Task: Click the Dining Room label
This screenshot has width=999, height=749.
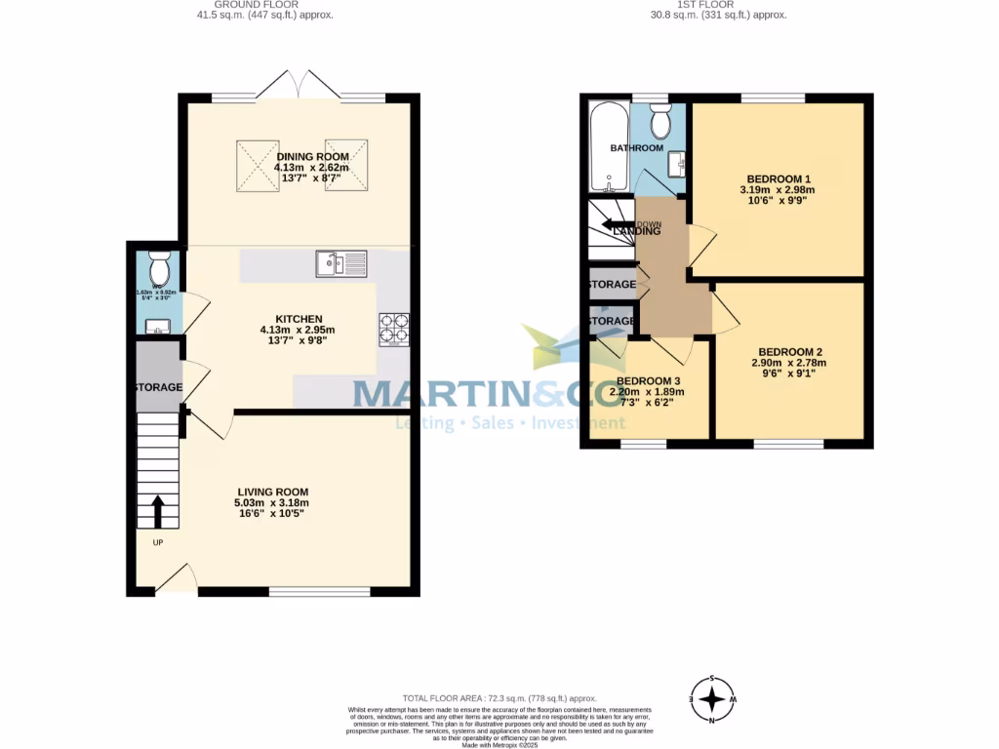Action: (312, 157)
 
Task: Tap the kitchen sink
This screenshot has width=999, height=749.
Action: (340, 262)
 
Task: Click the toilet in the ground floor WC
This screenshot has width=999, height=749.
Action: (159, 265)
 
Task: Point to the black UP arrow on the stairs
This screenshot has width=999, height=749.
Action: (157, 510)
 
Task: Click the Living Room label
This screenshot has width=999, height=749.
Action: (271, 492)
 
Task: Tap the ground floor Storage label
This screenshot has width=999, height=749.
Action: (158, 387)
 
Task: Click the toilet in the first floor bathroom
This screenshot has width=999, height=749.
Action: (659, 122)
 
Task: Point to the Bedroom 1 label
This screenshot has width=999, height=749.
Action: (779, 178)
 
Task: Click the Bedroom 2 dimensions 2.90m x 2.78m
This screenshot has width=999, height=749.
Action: (788, 363)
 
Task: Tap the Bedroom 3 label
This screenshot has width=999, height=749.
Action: (648, 380)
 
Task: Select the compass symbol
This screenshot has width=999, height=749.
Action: (714, 699)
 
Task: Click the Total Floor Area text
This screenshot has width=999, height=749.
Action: (499, 698)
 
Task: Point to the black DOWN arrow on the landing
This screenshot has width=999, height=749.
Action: (618, 225)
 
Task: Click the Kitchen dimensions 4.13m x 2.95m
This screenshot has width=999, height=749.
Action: (299, 330)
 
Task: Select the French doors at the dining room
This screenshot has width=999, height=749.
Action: (299, 86)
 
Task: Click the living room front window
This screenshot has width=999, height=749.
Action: (319, 591)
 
